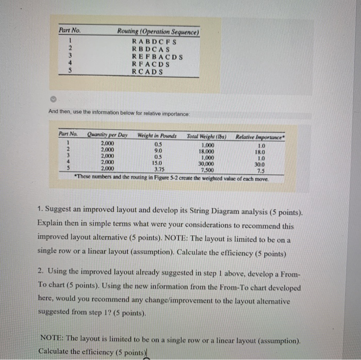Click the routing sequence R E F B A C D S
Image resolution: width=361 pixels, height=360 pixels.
(x=158, y=56)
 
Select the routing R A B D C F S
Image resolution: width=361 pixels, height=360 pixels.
(x=155, y=42)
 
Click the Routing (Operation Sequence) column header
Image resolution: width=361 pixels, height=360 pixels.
(x=158, y=32)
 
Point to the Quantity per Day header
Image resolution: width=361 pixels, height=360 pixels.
(x=107, y=136)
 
